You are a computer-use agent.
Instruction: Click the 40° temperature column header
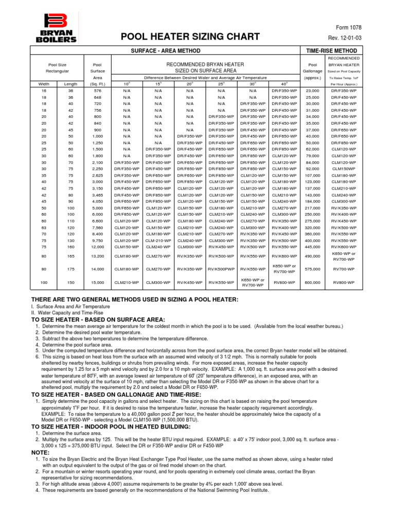(x=284, y=84)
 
